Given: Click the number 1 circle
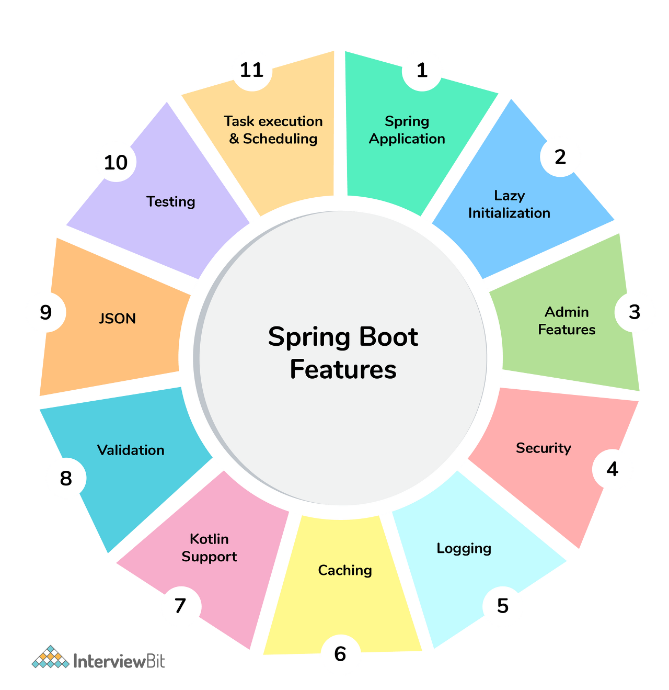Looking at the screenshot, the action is click(422, 70).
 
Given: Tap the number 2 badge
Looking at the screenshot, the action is click(560, 156).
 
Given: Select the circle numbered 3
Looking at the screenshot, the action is click(635, 312).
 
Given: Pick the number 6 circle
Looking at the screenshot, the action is click(340, 654).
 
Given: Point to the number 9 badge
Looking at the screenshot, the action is click(45, 312).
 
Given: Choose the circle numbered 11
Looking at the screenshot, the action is click(251, 70).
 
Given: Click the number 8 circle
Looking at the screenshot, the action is click(66, 478).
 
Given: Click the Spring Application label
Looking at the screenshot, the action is click(407, 130).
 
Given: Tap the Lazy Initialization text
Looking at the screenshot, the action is click(509, 204).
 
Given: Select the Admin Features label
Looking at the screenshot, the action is click(567, 321).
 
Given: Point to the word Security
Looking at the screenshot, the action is click(544, 448).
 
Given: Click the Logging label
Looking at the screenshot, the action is click(464, 548).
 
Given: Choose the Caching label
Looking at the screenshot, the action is click(345, 570).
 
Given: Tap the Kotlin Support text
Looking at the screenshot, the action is click(209, 548).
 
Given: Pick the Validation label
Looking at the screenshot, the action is click(131, 450).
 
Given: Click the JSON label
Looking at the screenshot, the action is click(118, 319).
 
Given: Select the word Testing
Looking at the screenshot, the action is click(171, 201).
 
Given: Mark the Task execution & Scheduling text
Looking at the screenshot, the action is click(273, 130).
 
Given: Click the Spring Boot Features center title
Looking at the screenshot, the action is click(343, 353).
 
